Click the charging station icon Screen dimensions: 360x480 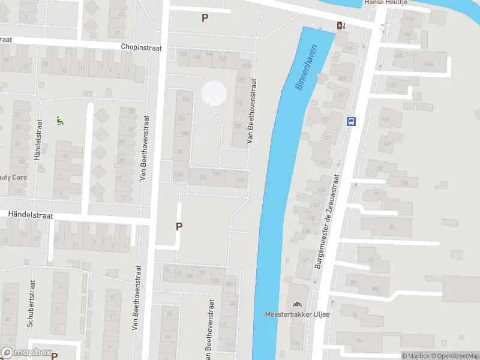coord(341,25)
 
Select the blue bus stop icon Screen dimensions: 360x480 coord(351,121)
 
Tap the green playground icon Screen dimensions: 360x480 coord(59,121)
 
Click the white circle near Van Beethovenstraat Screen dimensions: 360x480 coord(214,93)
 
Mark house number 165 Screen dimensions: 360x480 coord(346,47)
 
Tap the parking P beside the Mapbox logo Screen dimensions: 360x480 coord(54,355)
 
